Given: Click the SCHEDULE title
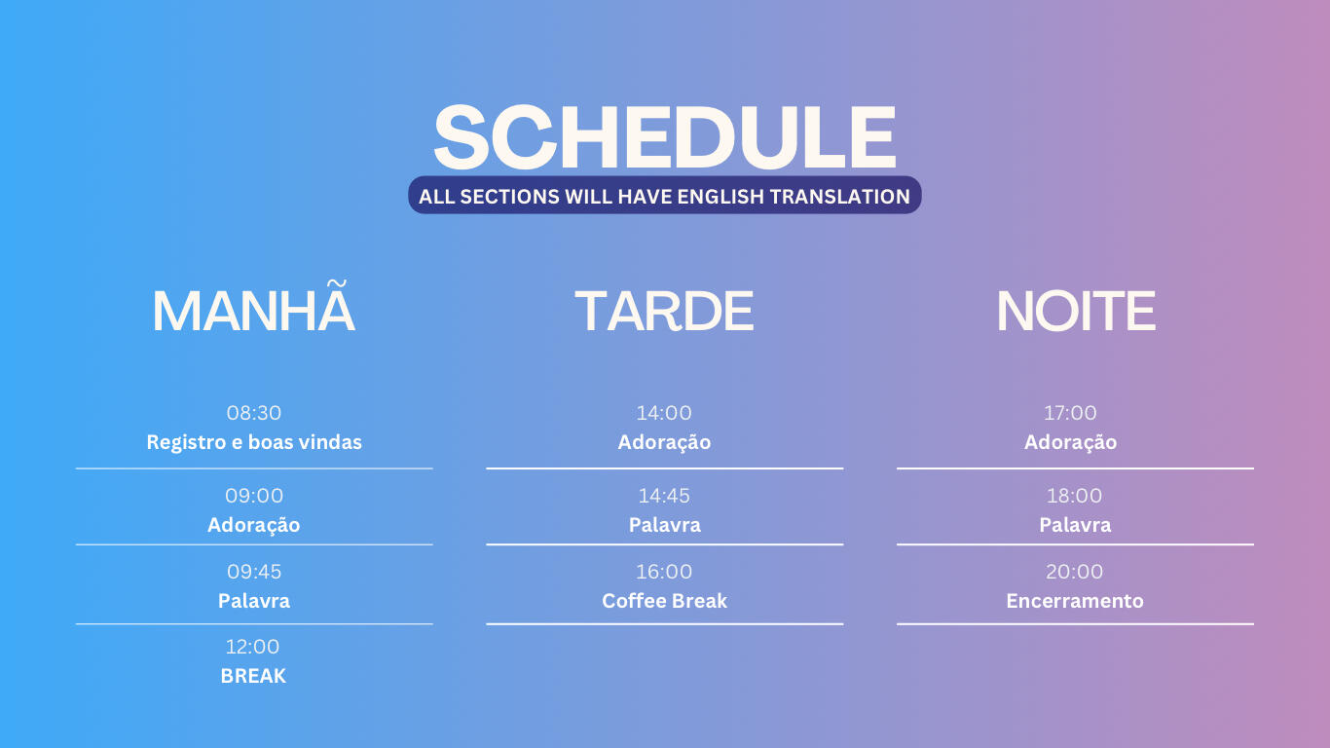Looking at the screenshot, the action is click(x=665, y=137).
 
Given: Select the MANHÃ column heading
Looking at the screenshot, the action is click(x=254, y=306).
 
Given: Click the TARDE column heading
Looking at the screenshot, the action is click(x=664, y=311).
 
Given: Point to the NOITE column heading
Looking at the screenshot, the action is click(x=1076, y=311).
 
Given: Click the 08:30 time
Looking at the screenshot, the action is click(x=254, y=413).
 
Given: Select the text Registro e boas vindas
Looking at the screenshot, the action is click(x=254, y=442).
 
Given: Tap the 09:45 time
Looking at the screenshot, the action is click(x=254, y=572).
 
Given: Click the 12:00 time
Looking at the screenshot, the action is click(x=252, y=647).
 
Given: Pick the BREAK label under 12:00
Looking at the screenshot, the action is click(x=253, y=676).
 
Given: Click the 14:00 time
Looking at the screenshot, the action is click(x=664, y=413).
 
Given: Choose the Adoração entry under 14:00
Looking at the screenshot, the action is click(x=664, y=443).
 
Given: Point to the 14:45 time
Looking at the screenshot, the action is click(x=664, y=496).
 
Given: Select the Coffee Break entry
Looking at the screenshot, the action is click(x=664, y=601).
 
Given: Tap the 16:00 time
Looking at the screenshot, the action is click(x=664, y=572).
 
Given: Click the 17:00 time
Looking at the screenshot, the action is click(x=1071, y=413).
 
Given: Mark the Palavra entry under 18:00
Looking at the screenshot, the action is click(x=1075, y=525).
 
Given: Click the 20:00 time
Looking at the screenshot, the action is click(x=1075, y=572).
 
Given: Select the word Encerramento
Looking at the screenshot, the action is click(x=1075, y=601).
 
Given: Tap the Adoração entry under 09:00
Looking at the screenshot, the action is click(x=254, y=526).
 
